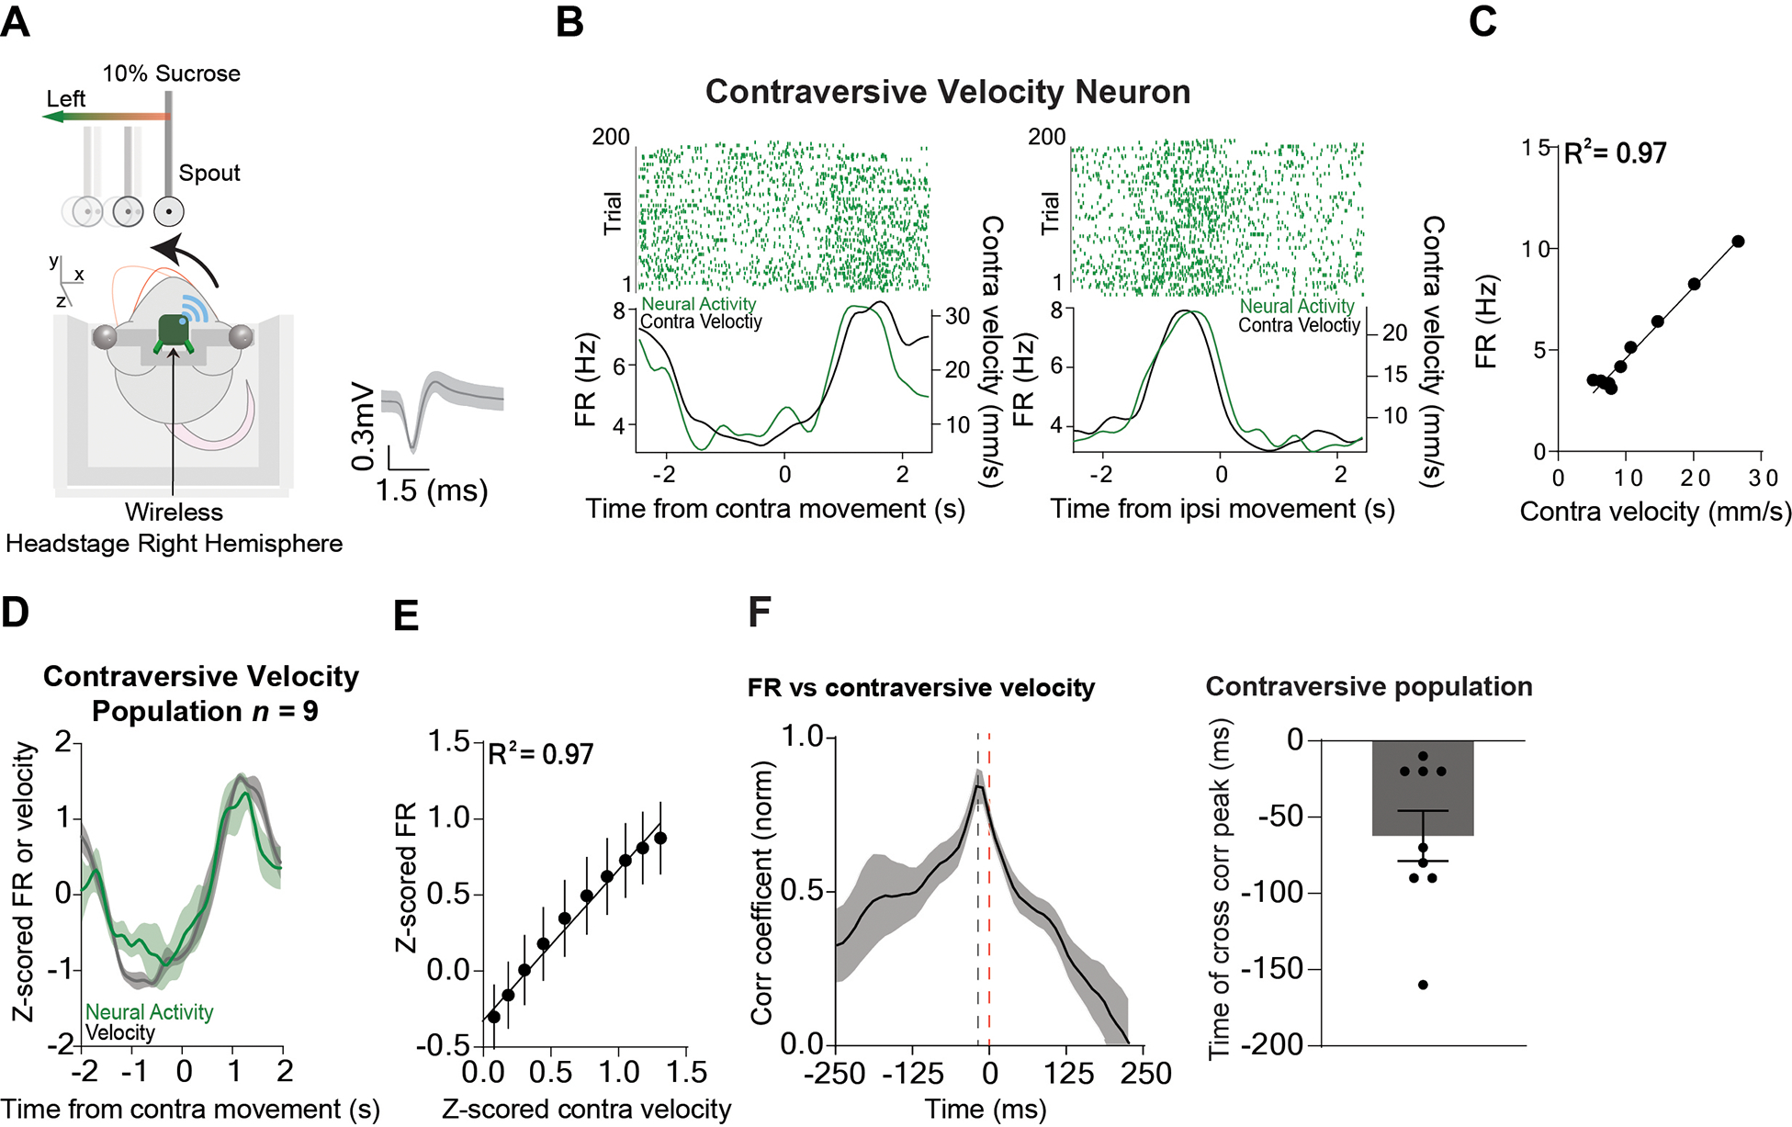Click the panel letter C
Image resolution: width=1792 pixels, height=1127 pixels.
tap(1482, 21)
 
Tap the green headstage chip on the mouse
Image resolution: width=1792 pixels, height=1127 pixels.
tap(173, 331)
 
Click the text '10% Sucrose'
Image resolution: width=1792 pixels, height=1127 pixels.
tap(172, 73)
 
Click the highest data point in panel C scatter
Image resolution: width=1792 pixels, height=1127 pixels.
tap(1738, 242)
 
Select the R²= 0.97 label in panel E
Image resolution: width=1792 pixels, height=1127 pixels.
tap(540, 755)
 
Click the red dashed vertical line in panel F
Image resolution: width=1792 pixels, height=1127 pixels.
tap(989, 882)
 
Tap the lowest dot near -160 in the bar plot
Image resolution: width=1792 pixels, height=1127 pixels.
tap(1423, 985)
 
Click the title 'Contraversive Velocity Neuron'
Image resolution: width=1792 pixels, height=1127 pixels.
tap(947, 92)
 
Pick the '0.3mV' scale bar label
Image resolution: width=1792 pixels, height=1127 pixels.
tap(364, 424)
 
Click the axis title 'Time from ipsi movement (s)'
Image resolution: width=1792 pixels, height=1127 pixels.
tap(1222, 509)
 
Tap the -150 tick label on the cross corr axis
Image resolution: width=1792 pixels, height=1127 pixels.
tap(1271, 969)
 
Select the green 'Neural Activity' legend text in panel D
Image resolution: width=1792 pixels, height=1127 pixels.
tap(150, 1011)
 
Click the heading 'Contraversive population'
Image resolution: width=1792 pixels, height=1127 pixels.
tap(1369, 686)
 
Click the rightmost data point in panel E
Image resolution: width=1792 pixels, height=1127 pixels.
tap(659, 838)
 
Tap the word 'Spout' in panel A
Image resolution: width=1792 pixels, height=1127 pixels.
tap(209, 173)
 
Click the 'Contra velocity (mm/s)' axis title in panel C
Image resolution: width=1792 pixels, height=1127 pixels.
tap(1655, 512)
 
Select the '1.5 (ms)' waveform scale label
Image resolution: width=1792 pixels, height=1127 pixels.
tap(431, 490)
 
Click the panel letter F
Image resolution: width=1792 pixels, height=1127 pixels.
tap(759, 612)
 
